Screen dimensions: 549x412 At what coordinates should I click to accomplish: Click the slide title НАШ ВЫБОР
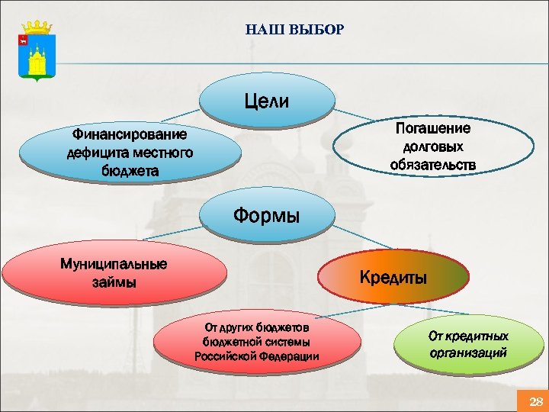click(x=295, y=31)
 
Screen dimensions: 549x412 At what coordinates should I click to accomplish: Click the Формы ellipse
click(x=266, y=216)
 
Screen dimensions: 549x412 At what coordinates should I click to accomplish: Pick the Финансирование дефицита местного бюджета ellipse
click(x=130, y=153)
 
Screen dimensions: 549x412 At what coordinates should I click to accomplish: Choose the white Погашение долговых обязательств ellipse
click(x=432, y=146)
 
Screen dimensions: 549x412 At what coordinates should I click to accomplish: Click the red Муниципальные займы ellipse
click(x=114, y=273)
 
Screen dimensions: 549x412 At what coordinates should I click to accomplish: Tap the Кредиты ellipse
click(x=393, y=278)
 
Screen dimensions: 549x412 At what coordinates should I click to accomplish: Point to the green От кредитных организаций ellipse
click(x=467, y=345)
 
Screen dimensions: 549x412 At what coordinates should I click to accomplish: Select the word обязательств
click(x=432, y=164)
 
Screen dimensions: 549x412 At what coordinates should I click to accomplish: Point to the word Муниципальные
click(x=114, y=264)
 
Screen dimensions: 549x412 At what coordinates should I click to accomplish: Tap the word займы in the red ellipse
click(x=114, y=283)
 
